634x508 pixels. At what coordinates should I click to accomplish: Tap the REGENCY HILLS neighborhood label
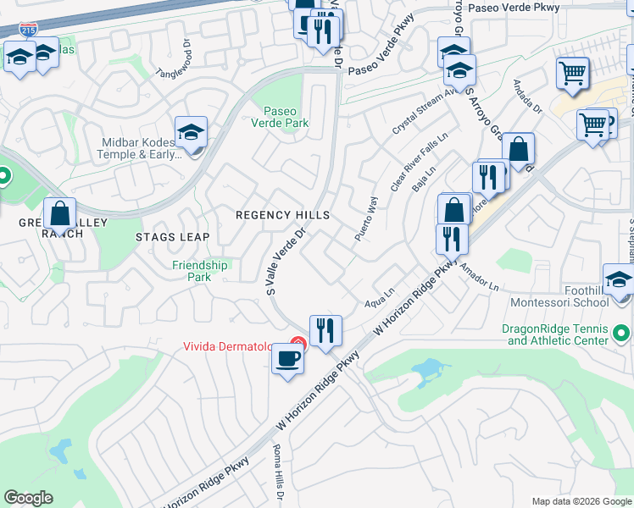[282, 216]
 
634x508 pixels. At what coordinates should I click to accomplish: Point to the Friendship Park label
[200, 271]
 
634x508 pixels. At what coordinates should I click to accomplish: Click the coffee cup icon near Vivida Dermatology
[286, 358]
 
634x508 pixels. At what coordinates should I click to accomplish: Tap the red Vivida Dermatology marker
[297, 343]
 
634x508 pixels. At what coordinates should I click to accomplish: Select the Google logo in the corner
[29, 497]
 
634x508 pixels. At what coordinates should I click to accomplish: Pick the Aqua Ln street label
[379, 301]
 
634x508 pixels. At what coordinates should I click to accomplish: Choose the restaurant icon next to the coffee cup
[325, 330]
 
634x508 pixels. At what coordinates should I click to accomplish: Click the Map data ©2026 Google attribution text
[581, 500]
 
